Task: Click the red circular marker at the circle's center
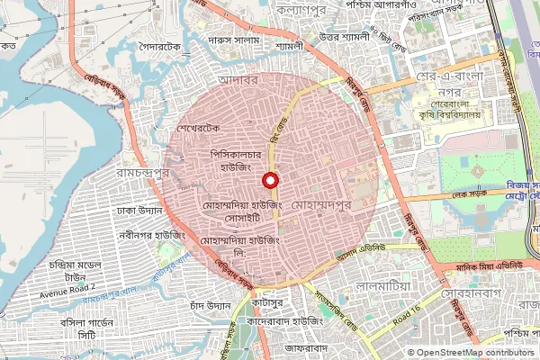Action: tap(269, 180)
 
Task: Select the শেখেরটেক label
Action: tap(199, 129)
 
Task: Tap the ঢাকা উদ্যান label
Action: tap(139, 211)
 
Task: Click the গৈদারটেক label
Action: tap(160, 44)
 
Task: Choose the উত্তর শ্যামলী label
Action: tap(345, 36)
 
